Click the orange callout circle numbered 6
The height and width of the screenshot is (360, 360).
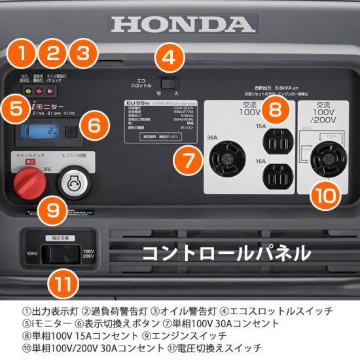click(x=94, y=124)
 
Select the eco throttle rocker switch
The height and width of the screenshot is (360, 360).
click(x=170, y=84)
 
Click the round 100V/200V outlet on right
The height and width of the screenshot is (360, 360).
click(x=327, y=158)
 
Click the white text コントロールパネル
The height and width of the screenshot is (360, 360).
click(x=226, y=252)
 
